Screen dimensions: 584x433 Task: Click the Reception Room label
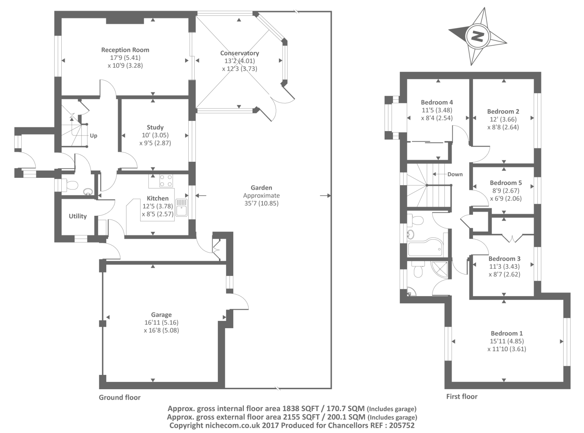coord(125,50)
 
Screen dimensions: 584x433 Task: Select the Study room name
coord(155,127)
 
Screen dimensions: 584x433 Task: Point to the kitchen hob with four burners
coord(166,181)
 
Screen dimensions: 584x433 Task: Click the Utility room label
coord(78,216)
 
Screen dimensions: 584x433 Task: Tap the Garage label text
coord(161,315)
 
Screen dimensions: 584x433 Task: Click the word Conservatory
coord(239,53)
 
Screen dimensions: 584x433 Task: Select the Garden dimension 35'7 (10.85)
coord(261,203)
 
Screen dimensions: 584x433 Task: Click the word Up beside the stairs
coord(93,136)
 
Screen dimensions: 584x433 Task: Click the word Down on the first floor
coord(455,175)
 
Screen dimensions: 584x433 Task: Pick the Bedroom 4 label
coord(437,103)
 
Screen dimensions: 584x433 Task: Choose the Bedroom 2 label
coord(503,112)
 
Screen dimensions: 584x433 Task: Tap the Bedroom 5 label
coord(506,183)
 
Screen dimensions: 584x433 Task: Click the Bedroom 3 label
coord(504,259)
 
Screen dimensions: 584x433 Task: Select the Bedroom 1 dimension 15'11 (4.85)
coord(507,341)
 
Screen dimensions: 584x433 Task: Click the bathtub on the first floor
coord(426,249)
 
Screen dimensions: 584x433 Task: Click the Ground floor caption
coord(120,398)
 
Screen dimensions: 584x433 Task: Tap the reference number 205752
coord(401,425)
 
